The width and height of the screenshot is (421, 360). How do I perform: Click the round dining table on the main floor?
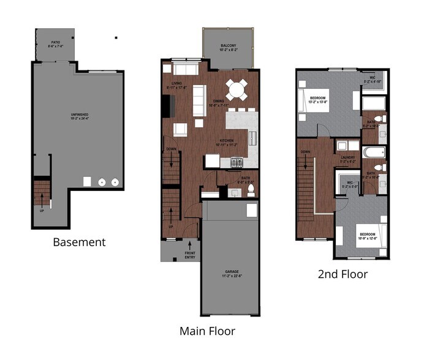tap(237, 91)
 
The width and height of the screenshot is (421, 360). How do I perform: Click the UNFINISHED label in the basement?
tap(78, 116)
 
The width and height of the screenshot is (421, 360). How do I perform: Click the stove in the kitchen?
tap(237, 162)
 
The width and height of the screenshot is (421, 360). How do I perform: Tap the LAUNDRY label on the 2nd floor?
tap(348, 158)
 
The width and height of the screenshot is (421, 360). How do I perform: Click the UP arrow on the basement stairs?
tap(42, 199)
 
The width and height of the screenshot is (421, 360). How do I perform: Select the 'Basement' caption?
tap(79, 242)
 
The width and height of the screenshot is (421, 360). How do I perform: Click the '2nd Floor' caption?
tap(343, 274)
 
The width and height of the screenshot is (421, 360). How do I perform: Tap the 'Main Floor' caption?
tap(207, 331)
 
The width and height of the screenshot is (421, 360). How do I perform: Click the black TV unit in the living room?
tap(165, 107)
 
